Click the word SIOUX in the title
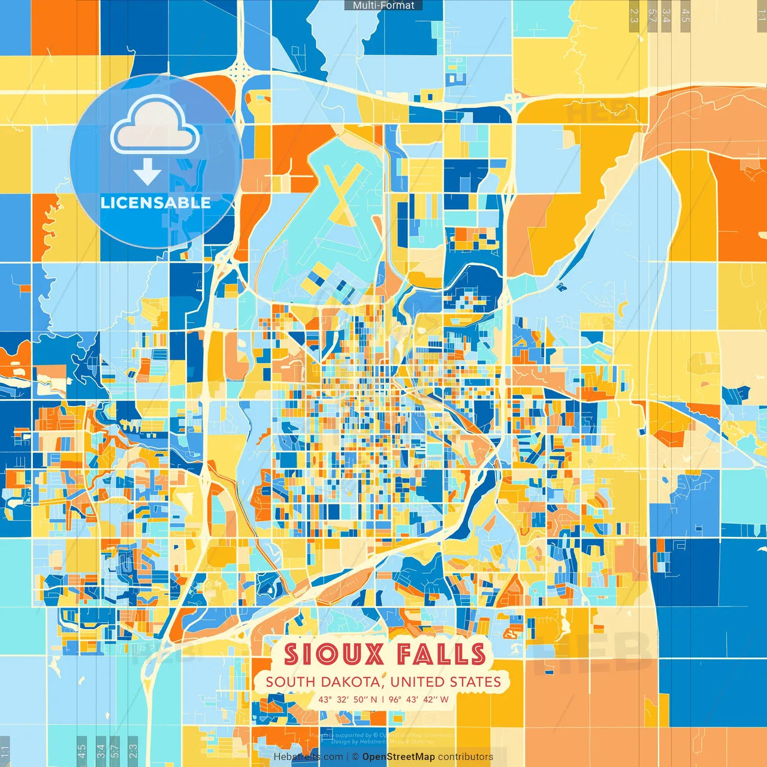(x=333, y=654)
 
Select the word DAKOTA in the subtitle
(x=351, y=682)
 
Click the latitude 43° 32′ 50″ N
(x=348, y=699)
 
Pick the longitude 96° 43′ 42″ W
(x=418, y=699)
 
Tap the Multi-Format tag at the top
(x=383, y=5)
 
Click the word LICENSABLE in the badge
(x=156, y=203)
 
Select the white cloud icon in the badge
(x=155, y=127)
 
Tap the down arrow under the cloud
(x=147, y=172)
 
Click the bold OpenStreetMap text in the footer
(x=398, y=757)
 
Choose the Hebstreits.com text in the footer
(x=308, y=757)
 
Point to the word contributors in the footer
(x=466, y=757)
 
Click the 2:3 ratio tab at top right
(x=634, y=16)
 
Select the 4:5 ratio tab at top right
(x=686, y=16)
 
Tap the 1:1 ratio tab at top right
(x=761, y=16)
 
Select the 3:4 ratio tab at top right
(x=666, y=16)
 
